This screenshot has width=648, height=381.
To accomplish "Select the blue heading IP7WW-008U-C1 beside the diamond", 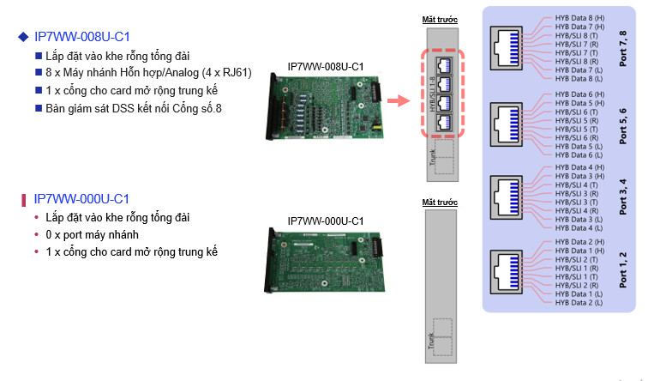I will pos(82,37).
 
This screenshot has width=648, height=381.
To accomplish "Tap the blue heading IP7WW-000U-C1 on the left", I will pos(82,199).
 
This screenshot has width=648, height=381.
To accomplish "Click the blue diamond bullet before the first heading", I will pos(23,37).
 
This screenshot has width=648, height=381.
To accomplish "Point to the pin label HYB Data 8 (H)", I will pos(579,18).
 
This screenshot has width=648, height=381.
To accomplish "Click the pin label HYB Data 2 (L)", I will pos(579,302).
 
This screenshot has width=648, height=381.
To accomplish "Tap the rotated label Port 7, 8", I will pos(623,48).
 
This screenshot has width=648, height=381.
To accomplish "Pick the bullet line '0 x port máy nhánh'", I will pos(93,234).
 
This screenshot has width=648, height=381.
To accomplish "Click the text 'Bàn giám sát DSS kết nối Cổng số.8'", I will pos(134,108).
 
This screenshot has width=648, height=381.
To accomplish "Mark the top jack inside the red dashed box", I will pos(442,64).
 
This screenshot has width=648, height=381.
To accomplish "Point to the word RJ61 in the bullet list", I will pos(234,73).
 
